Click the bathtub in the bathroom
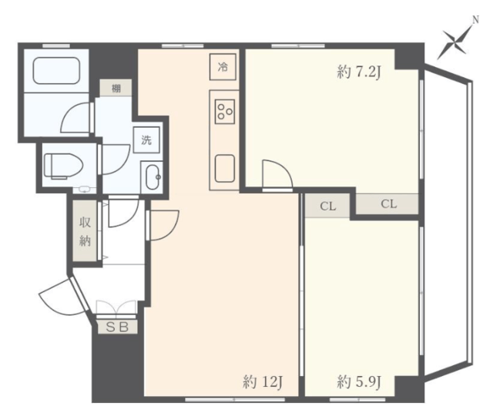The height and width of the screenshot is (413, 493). point(56,70)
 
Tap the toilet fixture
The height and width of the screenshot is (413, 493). point(63,166)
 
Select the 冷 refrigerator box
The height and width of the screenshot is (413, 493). point(223,67)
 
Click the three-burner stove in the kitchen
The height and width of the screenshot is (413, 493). point(225,112)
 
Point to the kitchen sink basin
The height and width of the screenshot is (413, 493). point(224,168)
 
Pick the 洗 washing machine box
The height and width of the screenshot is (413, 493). point(146,139)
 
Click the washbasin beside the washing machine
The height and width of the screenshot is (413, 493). point(153,176)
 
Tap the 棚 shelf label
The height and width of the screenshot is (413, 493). point(116,89)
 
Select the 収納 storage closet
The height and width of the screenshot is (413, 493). point(85,231)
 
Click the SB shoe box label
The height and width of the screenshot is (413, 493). point(117,327)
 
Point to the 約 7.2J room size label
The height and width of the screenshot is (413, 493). point(359,72)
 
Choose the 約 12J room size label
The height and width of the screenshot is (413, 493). point(263,382)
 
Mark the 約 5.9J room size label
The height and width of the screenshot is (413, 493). point(360,382)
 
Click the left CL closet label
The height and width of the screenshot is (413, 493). point(328,206)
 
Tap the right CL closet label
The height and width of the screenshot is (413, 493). point(389,204)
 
